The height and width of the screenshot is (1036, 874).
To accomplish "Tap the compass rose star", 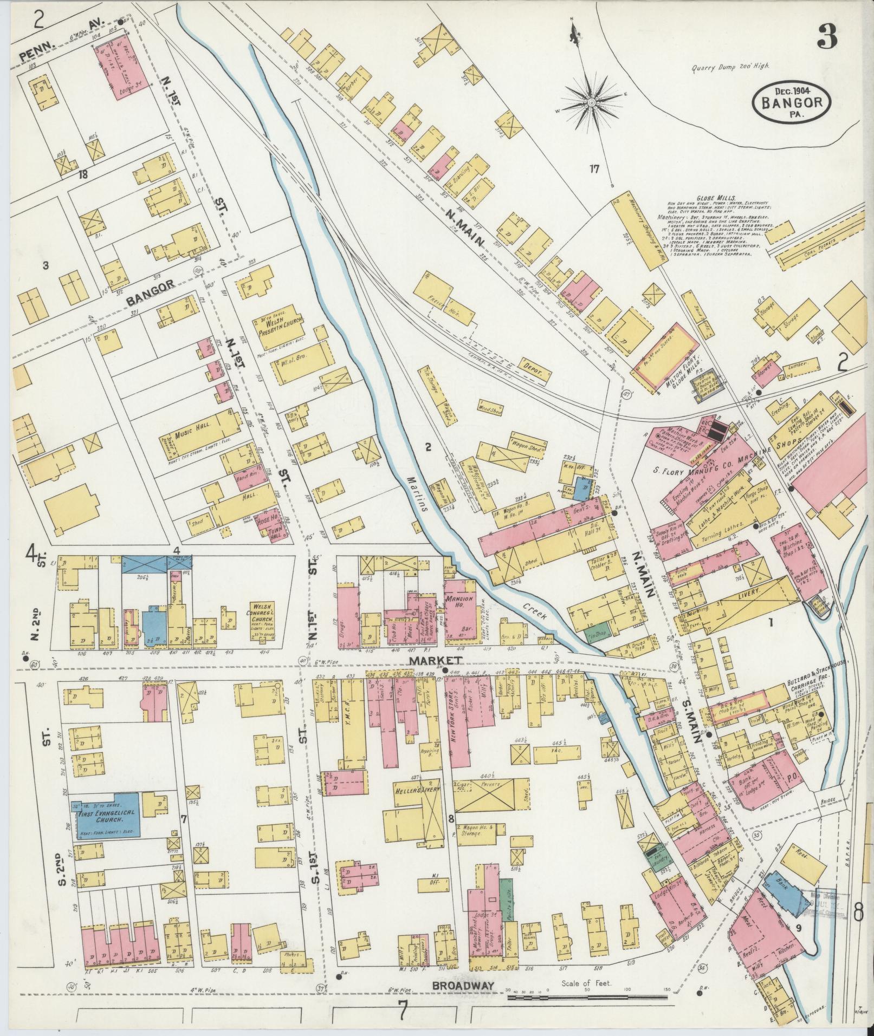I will [591, 102].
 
